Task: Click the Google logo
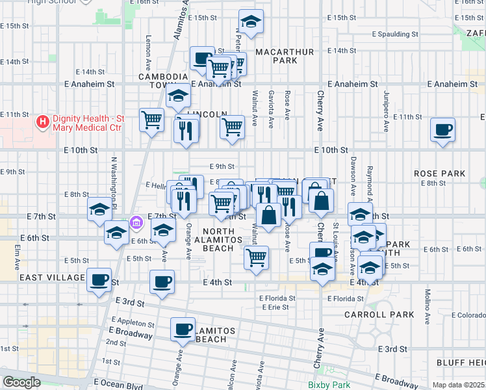pos(21,382)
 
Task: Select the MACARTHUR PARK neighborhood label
pos(276,56)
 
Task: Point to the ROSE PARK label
pos(440,174)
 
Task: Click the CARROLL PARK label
pos(389,315)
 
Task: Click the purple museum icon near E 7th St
pos(136,224)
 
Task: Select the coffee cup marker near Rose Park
pos(442,130)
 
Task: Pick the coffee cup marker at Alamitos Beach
pos(183,329)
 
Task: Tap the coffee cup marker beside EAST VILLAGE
pos(99,280)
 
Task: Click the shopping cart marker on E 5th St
pos(257,257)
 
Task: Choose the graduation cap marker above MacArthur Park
pos(251,22)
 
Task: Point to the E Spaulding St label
pos(394,34)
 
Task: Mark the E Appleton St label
pos(133,322)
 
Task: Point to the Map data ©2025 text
pos(457,385)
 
